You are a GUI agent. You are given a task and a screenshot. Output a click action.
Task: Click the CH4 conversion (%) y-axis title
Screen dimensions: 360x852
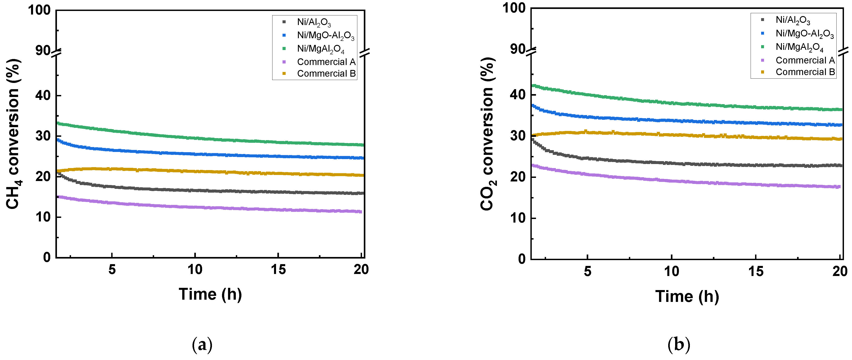(13, 134)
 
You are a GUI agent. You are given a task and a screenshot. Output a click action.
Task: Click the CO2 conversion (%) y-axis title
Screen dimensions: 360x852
(488, 134)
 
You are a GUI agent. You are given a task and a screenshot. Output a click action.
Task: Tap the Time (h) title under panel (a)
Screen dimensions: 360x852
(210, 294)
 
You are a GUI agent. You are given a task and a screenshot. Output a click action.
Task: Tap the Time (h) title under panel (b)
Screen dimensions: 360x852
(687, 296)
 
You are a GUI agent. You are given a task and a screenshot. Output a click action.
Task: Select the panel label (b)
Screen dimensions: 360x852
(679, 344)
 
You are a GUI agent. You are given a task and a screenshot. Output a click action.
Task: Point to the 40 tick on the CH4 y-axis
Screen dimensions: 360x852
(43, 96)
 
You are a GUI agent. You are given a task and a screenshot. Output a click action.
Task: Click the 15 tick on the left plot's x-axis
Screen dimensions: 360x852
(278, 270)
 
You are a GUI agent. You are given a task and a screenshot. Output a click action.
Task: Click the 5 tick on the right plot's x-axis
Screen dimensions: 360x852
(587, 271)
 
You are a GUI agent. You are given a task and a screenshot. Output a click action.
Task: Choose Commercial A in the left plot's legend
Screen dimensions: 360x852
(326, 62)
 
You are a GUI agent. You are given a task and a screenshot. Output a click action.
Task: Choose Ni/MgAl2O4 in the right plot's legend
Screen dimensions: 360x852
(799, 47)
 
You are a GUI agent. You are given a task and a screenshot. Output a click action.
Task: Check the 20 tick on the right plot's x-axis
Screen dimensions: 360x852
(840, 271)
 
